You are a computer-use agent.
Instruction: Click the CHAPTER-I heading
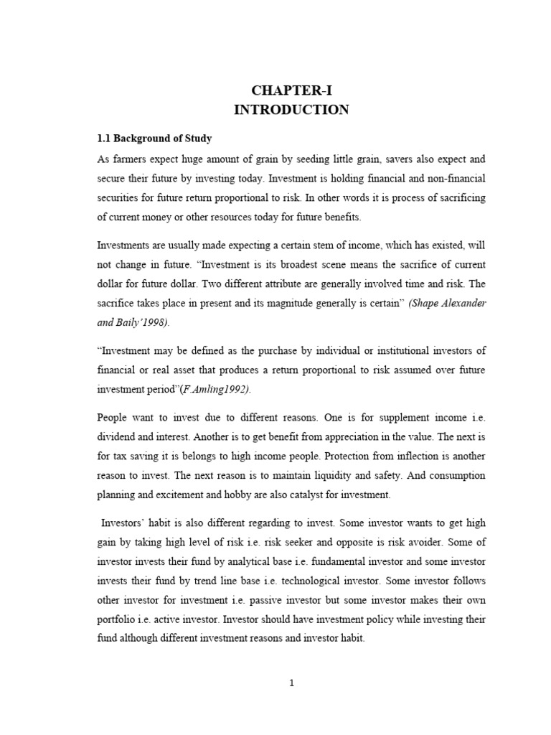pyautogui.click(x=291, y=90)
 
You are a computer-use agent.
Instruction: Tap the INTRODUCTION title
pyautogui.click(x=291, y=110)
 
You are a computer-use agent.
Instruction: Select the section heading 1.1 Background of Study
pyautogui.click(x=154, y=138)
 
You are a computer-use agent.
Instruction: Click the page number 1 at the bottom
pyautogui.click(x=291, y=683)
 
